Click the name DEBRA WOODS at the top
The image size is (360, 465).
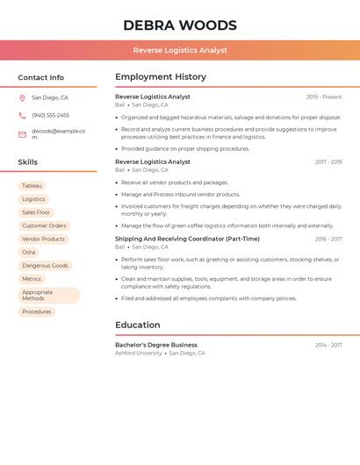click(180, 25)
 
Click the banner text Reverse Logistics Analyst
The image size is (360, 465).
click(180, 50)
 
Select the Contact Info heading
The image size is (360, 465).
click(41, 77)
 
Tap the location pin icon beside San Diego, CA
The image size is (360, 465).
click(22, 98)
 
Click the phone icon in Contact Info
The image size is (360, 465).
click(22, 115)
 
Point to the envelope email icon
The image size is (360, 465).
click(22, 134)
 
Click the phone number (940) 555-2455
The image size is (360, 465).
click(50, 115)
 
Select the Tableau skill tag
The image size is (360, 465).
click(32, 186)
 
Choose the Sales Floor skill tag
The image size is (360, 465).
click(36, 212)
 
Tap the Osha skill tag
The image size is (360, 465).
click(29, 252)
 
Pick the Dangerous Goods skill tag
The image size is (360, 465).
click(45, 265)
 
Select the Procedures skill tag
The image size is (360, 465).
click(37, 311)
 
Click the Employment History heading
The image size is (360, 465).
click(161, 77)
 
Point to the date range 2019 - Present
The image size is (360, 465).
click(324, 97)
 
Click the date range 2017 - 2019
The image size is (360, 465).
click(328, 162)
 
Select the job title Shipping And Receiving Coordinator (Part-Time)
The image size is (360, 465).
click(187, 239)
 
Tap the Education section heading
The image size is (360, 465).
click(138, 325)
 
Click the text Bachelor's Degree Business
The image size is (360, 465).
click(156, 345)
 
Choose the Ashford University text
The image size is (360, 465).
click(139, 353)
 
